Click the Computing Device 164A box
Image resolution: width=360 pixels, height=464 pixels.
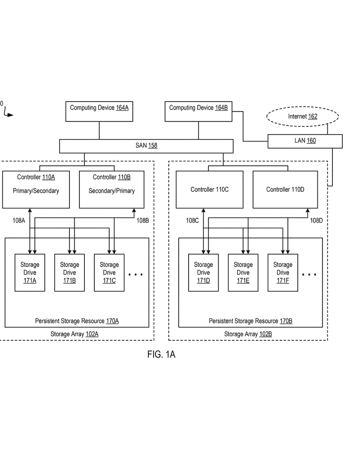click(99, 111)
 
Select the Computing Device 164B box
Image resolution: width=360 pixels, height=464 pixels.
click(198, 111)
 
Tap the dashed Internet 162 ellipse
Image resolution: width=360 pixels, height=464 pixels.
click(302, 117)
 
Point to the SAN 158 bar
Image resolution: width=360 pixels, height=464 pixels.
click(146, 146)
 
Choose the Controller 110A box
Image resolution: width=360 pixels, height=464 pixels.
click(36, 189)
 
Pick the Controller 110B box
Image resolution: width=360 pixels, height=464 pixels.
click(112, 189)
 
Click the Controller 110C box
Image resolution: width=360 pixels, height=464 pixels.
click(209, 189)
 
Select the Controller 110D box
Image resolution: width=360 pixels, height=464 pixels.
click(285, 189)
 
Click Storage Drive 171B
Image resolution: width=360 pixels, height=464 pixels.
click(69, 273)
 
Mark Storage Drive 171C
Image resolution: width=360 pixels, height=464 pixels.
click(109, 273)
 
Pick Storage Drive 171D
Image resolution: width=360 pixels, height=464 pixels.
click(204, 273)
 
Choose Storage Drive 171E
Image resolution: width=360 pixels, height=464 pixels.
click(243, 273)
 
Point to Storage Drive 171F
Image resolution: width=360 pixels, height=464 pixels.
click(283, 273)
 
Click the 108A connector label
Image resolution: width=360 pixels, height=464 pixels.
click(19, 221)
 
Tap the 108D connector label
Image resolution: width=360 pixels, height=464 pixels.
click(316, 221)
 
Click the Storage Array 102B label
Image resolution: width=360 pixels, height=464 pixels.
click(248, 334)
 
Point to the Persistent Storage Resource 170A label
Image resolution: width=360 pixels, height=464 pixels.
click(77, 321)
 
